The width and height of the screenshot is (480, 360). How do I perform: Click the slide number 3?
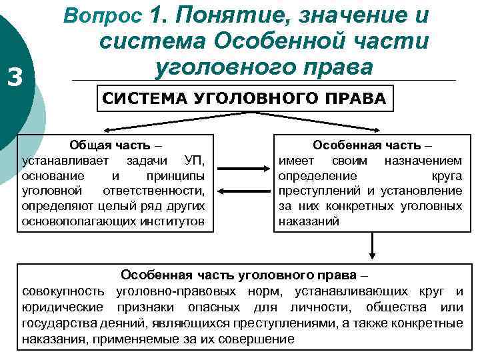point(15,79)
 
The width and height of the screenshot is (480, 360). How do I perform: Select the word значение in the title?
point(353,14)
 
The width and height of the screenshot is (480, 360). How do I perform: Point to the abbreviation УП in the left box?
point(191,161)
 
